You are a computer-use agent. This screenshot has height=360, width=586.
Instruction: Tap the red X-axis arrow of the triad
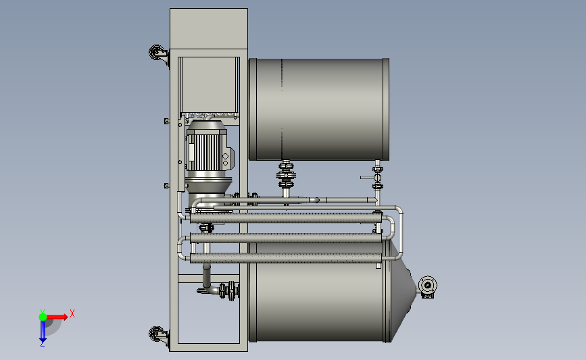(x=56, y=317)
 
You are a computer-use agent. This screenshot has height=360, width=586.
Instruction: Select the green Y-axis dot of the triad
(x=43, y=317)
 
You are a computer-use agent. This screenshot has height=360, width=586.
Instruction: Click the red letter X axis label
(x=72, y=313)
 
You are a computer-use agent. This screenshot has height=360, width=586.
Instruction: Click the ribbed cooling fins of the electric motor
(x=205, y=152)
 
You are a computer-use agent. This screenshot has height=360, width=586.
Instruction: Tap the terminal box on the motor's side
(x=228, y=159)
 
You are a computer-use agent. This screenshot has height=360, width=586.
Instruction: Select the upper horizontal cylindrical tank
(x=319, y=109)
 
